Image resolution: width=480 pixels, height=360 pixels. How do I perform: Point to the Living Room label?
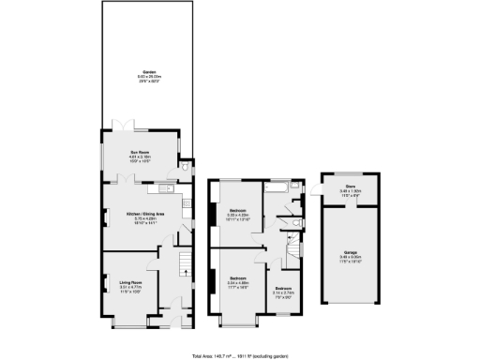(129, 280)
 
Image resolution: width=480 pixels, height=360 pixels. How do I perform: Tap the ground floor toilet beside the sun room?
(187, 165)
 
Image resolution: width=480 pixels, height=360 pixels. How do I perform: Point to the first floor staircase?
(293, 247)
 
